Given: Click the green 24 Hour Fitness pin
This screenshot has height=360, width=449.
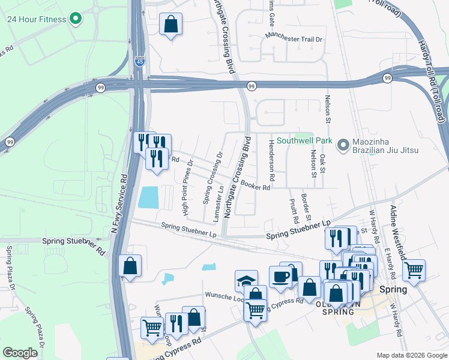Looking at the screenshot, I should coord(75,19).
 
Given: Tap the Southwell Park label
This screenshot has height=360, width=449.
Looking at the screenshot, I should coord(304,141).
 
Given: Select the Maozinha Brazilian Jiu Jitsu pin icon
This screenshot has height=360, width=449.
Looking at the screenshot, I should coord(343,145).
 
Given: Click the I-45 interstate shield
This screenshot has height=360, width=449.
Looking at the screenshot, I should coord(139,61).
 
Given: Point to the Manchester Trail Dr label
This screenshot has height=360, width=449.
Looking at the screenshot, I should coord(294,39).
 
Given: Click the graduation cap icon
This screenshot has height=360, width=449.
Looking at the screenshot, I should coord(246,280).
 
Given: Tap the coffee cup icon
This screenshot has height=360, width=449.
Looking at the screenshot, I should coord(280,276).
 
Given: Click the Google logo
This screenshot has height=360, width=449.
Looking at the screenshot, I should coord(20,352).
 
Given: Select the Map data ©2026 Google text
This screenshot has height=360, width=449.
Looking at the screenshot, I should coord(411,355).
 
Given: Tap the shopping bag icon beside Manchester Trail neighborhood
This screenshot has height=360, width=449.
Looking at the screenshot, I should coord(171,25).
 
